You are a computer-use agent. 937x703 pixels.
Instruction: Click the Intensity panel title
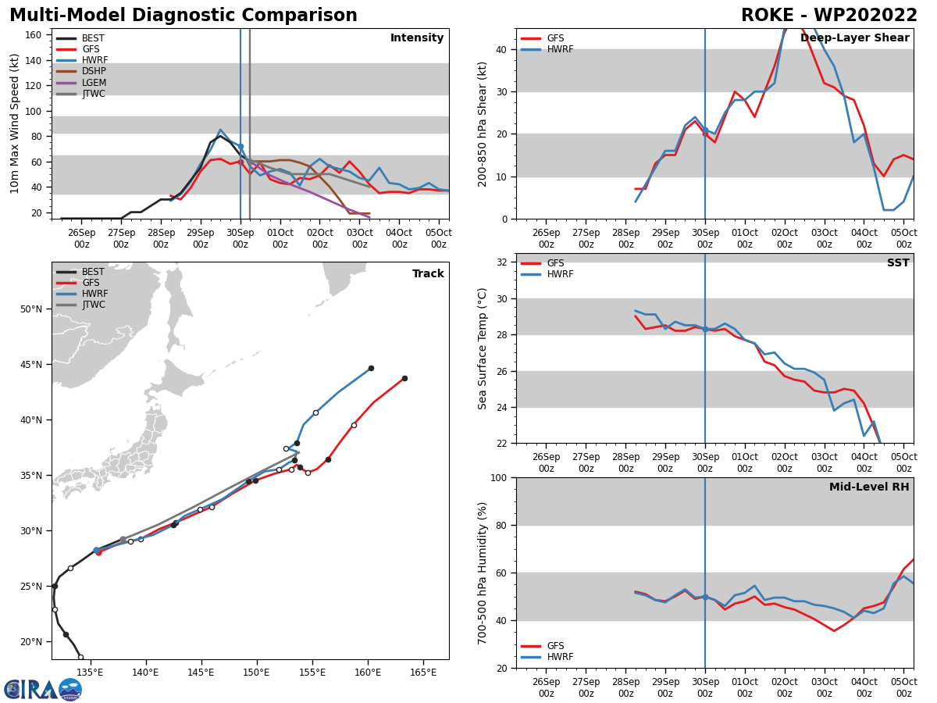click(417, 38)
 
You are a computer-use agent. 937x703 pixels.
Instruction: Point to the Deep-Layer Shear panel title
click(855, 38)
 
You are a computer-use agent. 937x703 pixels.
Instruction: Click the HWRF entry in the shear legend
click(558, 50)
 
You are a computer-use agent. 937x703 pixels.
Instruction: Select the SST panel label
click(898, 263)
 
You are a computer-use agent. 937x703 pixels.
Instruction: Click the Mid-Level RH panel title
click(869, 487)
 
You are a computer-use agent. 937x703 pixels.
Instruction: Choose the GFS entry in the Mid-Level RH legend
click(555, 646)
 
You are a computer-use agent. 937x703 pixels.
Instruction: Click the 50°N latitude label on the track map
click(32, 309)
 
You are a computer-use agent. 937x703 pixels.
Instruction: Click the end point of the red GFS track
click(404, 378)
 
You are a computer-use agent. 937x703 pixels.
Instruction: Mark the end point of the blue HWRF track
click(371, 368)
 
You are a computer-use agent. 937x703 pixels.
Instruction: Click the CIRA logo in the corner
click(42, 690)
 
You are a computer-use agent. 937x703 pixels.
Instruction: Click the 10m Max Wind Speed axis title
click(15, 123)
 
